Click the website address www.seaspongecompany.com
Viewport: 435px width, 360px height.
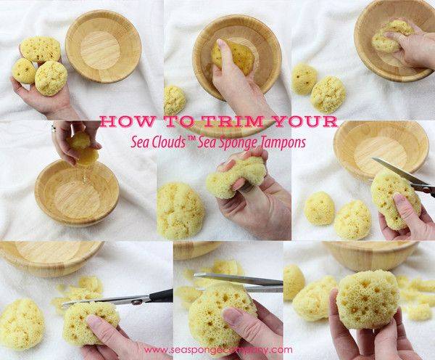[218, 350]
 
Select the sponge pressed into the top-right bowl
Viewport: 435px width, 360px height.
[392, 36]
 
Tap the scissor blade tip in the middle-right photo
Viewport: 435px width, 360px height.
[373, 159]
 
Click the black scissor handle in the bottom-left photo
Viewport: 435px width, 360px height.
[161, 297]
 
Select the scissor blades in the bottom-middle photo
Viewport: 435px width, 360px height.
[239, 282]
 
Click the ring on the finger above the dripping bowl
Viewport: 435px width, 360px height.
[54, 128]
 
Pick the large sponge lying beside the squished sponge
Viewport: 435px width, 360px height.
[181, 210]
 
